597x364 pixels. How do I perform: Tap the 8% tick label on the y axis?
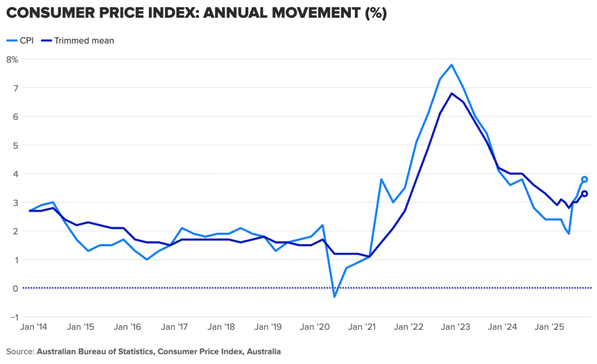12,59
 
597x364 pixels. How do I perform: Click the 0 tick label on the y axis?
15,288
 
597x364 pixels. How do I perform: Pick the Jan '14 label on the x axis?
34,327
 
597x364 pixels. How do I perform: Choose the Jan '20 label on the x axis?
316,327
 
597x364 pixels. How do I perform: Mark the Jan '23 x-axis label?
456,327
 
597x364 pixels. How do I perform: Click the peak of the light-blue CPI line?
452,65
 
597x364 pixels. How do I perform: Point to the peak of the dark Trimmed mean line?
452,93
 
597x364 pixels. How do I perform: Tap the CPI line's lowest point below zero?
334,297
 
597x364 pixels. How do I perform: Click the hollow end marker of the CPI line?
585,180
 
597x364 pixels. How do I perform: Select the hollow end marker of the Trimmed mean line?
585,194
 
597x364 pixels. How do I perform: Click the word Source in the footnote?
20,351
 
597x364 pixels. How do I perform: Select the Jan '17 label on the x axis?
175,327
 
